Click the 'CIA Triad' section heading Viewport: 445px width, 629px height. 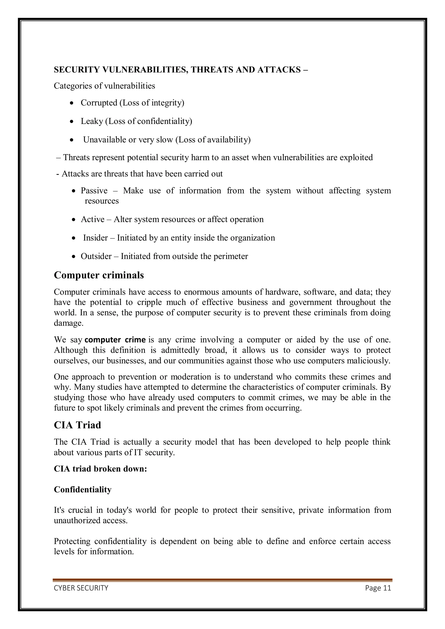coord(77,425)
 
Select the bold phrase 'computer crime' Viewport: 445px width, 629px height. coord(115,340)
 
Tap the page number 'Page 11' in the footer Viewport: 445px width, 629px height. coord(378,588)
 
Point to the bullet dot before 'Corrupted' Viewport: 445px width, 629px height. coord(72,103)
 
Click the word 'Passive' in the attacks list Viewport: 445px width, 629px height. coord(94,190)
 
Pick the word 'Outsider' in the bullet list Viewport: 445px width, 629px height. coord(96,256)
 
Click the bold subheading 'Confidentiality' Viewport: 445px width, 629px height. coord(83,490)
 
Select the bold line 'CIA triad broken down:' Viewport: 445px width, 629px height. coord(100,469)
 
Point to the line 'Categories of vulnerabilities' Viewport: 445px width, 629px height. coord(105,86)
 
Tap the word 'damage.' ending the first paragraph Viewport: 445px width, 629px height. coord(68,323)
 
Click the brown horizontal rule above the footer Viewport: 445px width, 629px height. coord(222,580)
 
